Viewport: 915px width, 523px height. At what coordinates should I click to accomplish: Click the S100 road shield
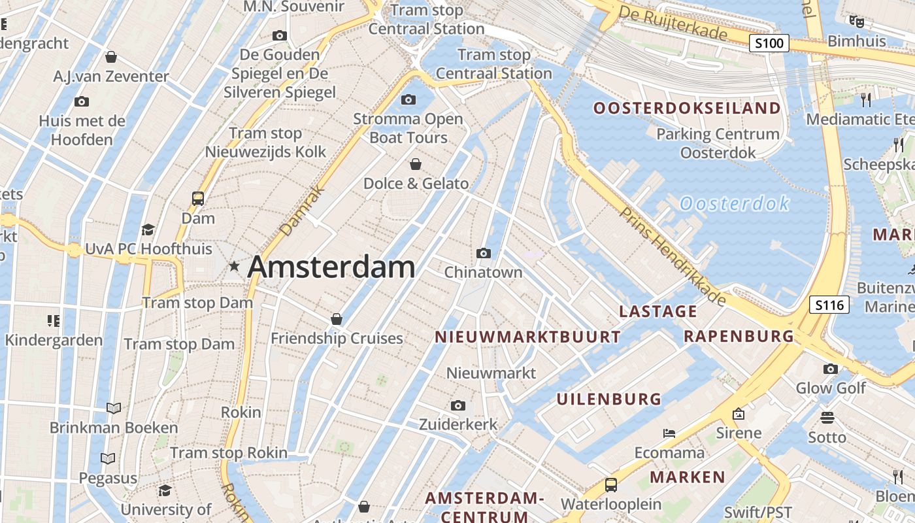pyautogui.click(x=769, y=44)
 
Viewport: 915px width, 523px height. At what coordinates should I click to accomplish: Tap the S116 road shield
pyautogui.click(x=829, y=305)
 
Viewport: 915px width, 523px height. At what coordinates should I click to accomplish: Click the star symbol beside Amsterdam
pyautogui.click(x=234, y=266)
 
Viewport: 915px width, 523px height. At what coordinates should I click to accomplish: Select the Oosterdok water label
pyautogui.click(x=735, y=204)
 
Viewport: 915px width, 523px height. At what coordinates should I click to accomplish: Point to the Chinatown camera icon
pyautogui.click(x=484, y=253)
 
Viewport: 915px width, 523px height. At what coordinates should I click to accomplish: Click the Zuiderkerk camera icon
pyautogui.click(x=458, y=405)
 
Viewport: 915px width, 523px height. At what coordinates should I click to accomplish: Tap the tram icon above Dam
pyautogui.click(x=197, y=198)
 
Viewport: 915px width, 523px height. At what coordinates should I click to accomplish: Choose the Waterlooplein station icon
pyautogui.click(x=610, y=485)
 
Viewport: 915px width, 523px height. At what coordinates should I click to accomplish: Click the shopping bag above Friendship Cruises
pyautogui.click(x=337, y=319)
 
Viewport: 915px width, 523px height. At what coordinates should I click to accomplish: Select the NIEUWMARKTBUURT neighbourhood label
pyautogui.click(x=527, y=337)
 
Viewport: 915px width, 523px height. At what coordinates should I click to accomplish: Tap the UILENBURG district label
pyautogui.click(x=608, y=399)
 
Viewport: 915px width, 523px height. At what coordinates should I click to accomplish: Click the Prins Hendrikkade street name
pyautogui.click(x=673, y=256)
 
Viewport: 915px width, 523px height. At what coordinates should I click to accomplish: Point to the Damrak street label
pyautogui.click(x=302, y=211)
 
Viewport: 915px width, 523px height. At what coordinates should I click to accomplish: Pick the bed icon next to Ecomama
pyautogui.click(x=669, y=433)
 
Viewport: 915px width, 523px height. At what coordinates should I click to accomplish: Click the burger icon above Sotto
pyautogui.click(x=827, y=418)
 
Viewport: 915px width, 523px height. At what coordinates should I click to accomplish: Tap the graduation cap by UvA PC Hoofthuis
pyautogui.click(x=148, y=229)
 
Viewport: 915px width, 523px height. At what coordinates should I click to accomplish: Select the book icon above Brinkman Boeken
pyautogui.click(x=114, y=408)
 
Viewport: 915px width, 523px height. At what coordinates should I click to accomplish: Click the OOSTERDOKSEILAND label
pyautogui.click(x=687, y=108)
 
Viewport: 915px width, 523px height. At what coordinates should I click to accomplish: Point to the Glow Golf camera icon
pyautogui.click(x=830, y=369)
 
